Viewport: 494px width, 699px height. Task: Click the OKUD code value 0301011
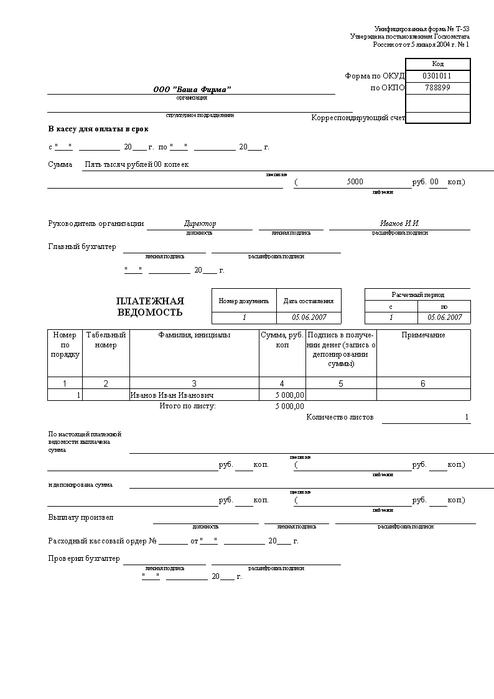[x=437, y=76]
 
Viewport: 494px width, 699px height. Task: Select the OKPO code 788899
[x=437, y=88]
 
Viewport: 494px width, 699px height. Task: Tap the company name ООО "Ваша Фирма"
[x=192, y=90]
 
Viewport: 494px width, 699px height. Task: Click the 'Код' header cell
[x=437, y=64]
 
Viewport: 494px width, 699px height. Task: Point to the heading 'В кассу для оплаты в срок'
[x=98, y=129]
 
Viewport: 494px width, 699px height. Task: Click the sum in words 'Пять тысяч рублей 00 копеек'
[x=137, y=164]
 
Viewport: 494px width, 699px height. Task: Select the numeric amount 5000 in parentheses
[x=355, y=182]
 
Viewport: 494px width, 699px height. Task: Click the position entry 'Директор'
[x=200, y=223]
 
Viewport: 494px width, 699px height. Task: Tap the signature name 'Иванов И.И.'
[x=399, y=223]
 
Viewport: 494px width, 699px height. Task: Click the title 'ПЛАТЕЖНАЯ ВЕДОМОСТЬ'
[x=150, y=307]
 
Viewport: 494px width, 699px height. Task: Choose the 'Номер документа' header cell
[x=243, y=301]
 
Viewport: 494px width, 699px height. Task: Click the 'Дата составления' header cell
[x=309, y=301]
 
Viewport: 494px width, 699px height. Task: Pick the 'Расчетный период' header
[x=417, y=294]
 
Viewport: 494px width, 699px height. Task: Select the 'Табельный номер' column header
[x=106, y=340]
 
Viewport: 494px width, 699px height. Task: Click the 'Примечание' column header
[x=423, y=335]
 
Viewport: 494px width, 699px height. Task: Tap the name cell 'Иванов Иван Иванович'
[x=172, y=395]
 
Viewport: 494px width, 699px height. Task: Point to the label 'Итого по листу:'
[x=188, y=406]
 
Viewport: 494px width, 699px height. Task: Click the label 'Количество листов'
[x=340, y=417]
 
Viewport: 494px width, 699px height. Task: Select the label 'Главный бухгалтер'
[x=82, y=247]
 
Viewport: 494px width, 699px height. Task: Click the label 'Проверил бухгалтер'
[x=84, y=559]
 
